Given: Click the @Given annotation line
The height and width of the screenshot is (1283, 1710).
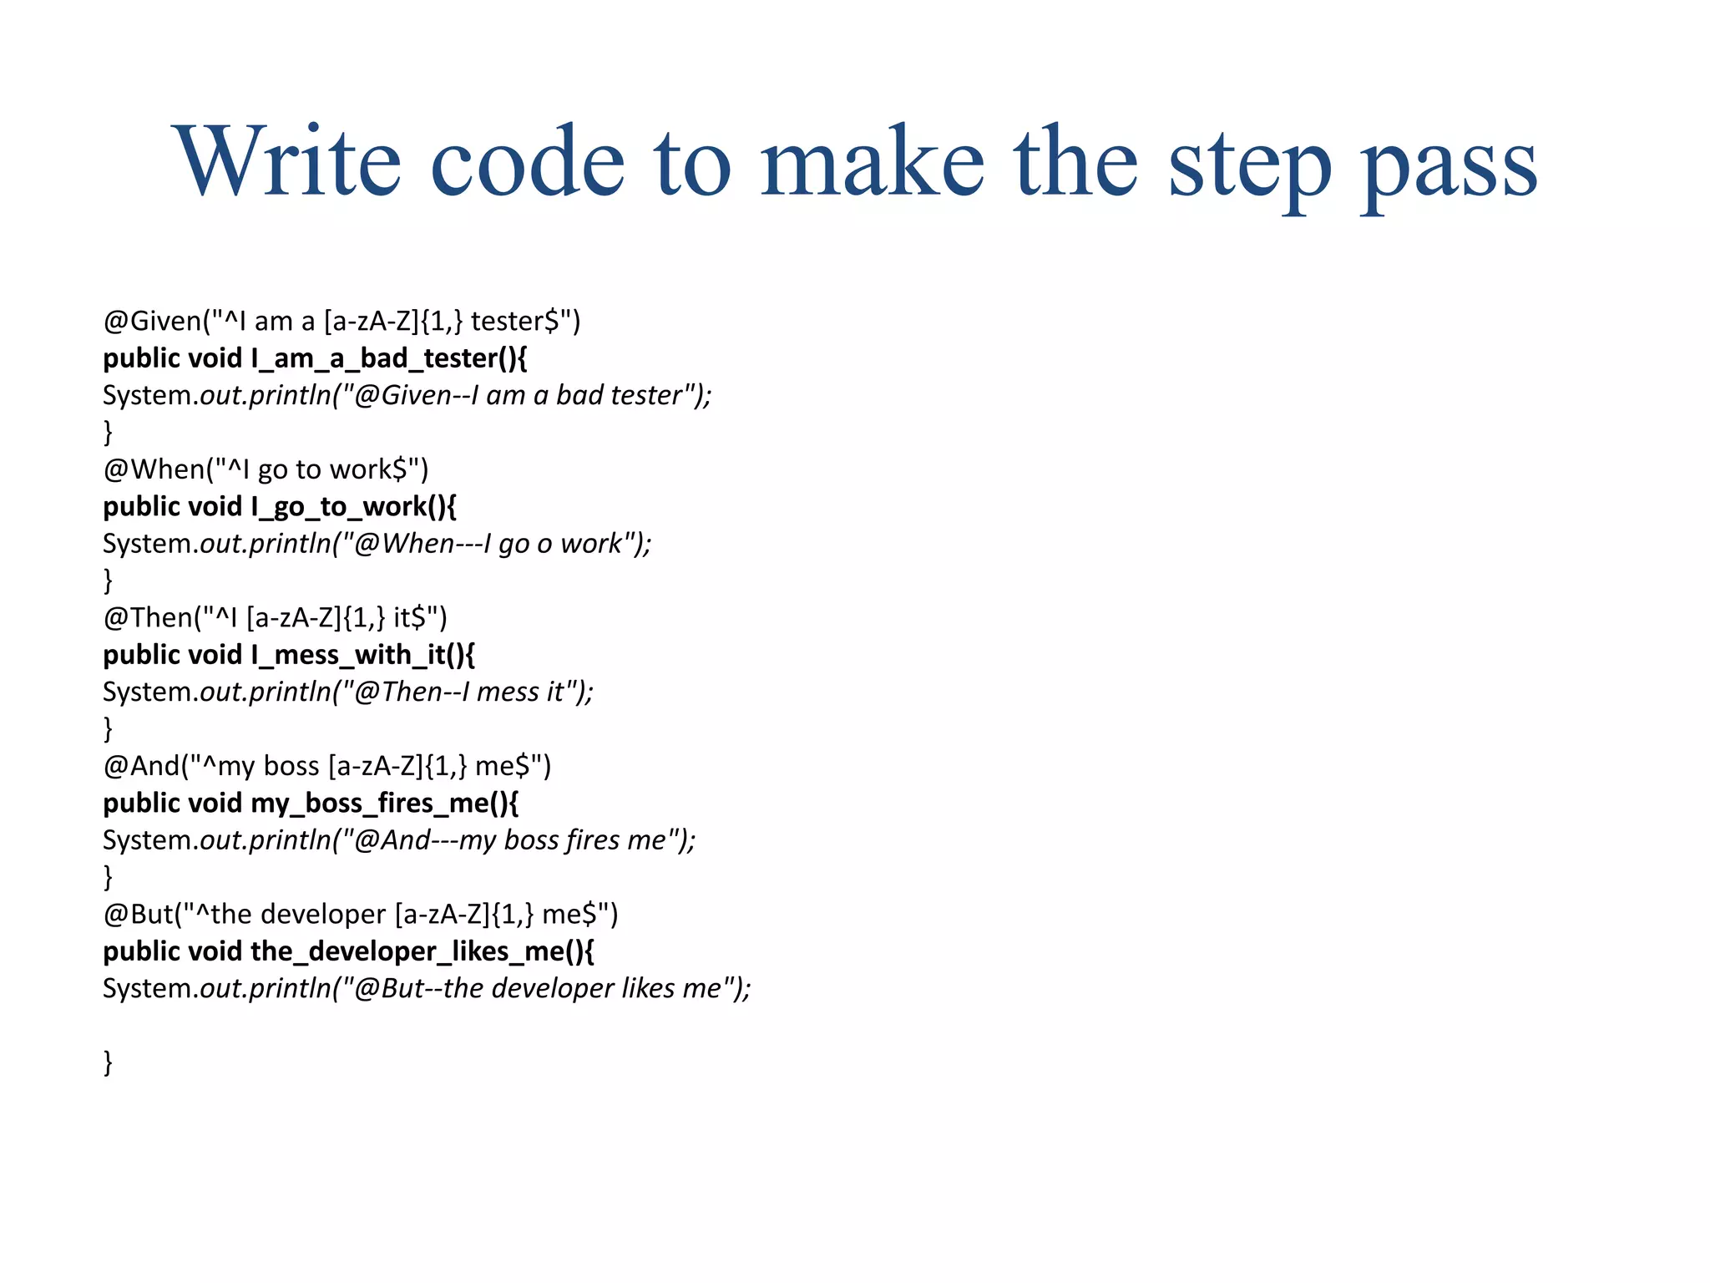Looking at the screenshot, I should click(x=341, y=321).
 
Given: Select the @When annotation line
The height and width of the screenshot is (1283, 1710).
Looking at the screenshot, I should click(x=266, y=469).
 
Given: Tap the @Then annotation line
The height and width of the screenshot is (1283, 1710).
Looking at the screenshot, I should click(x=275, y=618).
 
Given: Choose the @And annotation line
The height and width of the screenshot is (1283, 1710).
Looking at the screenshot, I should click(x=326, y=766).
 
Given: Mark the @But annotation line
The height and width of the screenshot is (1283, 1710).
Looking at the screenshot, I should click(x=360, y=915).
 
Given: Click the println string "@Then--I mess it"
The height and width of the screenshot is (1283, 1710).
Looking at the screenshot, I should click(x=462, y=692).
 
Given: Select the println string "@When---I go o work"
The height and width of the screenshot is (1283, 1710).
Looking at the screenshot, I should click(x=491, y=544).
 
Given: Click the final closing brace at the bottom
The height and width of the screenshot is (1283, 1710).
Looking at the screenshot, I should click(x=108, y=1062).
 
